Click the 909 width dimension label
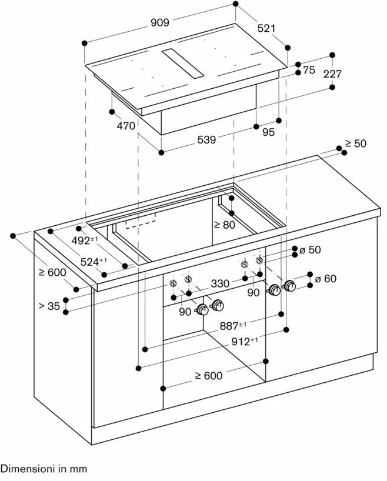pos(159,22)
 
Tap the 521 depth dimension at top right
pos(266,29)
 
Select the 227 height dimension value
pos(332,74)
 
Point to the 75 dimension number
pos(309,70)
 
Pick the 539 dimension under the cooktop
pos(206,140)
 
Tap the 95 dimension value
pos(268,132)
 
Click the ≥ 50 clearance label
pos(355,143)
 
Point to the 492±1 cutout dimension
pos(85,240)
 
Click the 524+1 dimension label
pos(94,262)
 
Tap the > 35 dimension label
pos(49,306)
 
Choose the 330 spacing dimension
pos(220,283)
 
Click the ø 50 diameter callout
pos(310,250)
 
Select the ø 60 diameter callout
pos(326,278)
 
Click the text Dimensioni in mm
pos(44,469)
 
